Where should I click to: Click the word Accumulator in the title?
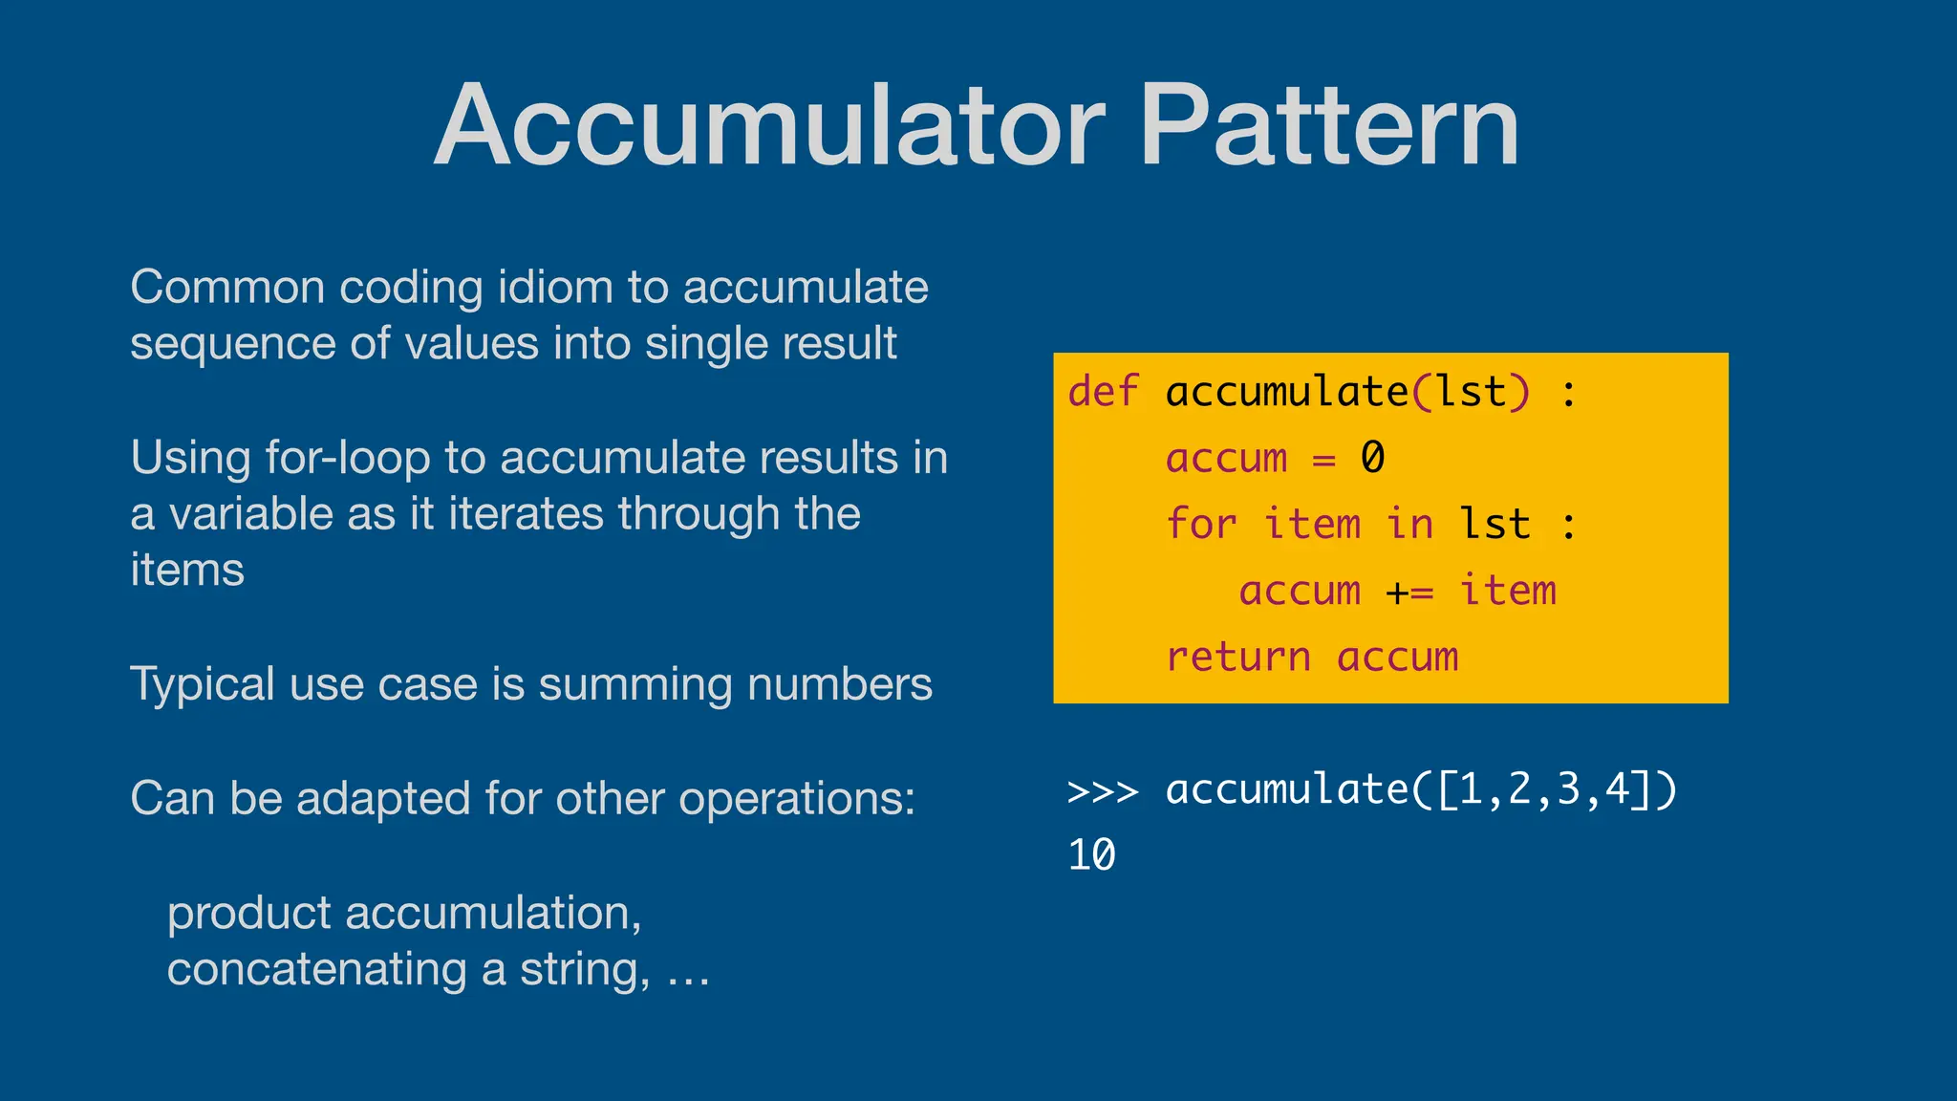769,126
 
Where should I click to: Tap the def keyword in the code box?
1103,392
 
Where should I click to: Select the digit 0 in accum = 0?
1372,458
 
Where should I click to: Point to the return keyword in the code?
1237,658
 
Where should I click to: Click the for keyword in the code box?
1201,525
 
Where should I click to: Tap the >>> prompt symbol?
1103,791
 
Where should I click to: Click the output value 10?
1091,855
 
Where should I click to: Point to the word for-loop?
348,458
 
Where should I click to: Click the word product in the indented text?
248,914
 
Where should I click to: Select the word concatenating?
316,969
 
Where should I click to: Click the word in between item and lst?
1409,525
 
